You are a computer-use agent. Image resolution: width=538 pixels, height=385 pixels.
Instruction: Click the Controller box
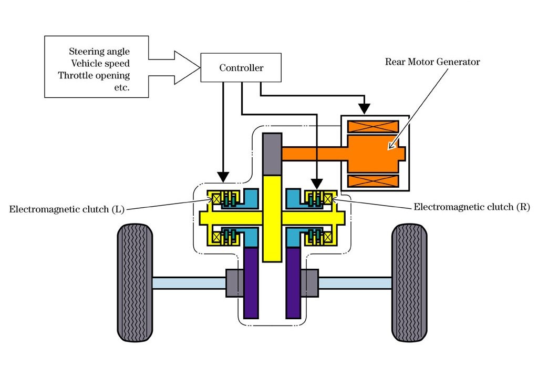pos(241,68)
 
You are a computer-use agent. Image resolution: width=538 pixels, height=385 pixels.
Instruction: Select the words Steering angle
pos(99,52)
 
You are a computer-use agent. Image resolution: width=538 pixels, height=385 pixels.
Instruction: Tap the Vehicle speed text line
pos(100,64)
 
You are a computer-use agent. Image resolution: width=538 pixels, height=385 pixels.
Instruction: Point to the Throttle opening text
pos(94,76)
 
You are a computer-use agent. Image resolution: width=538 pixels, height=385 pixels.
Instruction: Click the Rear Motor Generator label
pos(432,62)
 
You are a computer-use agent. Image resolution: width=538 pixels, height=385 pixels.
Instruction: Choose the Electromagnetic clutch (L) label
pos(67,209)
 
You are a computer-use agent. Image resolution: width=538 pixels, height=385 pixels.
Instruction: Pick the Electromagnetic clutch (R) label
pos(472,207)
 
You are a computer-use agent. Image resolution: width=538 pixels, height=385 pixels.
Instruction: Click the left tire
pos(135,282)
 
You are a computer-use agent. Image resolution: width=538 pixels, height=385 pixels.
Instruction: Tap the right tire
pos(409,282)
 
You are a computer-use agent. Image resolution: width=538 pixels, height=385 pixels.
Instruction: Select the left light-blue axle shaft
pos(189,283)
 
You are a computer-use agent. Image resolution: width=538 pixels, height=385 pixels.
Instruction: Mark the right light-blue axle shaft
pos(355,283)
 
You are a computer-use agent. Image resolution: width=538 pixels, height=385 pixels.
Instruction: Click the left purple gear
pos(251,283)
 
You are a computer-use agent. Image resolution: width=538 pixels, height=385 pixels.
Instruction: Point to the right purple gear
pos(293,283)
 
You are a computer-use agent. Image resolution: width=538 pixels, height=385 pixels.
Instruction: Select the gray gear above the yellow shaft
pos(272,154)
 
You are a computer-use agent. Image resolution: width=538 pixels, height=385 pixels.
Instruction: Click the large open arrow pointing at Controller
pos(174,68)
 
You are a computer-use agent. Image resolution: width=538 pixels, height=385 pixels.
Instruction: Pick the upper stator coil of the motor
pos(374,126)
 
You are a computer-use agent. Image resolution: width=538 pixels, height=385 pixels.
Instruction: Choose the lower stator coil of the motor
pos(374,181)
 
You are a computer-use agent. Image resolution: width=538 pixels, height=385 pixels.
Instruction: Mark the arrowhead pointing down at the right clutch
pos(317,184)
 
